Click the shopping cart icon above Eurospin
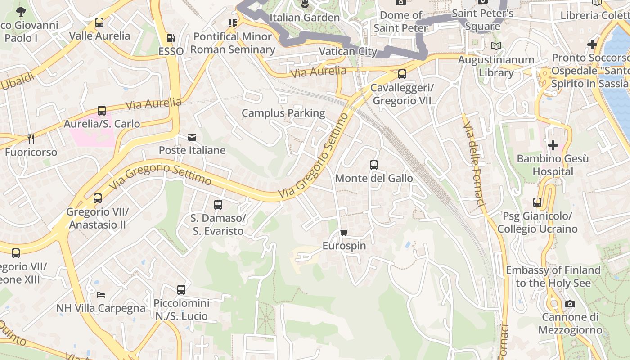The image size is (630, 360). [x=344, y=233]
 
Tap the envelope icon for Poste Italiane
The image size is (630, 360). [x=192, y=137]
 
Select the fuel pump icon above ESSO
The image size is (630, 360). [x=171, y=38]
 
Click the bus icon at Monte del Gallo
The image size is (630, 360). [x=374, y=165]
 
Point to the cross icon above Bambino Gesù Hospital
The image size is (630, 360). [x=553, y=145]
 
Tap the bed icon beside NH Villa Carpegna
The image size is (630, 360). [x=101, y=295]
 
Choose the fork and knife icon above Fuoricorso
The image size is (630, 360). [x=31, y=139]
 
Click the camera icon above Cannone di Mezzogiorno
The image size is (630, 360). [x=570, y=304]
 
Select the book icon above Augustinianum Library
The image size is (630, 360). [x=496, y=46]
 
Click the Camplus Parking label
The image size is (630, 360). [x=283, y=113]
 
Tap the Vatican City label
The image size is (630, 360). [x=348, y=51]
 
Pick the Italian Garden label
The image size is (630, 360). [x=304, y=18]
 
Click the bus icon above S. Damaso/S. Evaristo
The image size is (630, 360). [x=218, y=205]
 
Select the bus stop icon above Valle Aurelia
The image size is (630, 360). [x=99, y=22]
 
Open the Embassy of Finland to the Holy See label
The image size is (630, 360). [x=553, y=276]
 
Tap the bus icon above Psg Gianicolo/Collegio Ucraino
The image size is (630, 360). [x=537, y=202]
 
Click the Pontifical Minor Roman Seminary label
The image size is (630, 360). [x=232, y=43]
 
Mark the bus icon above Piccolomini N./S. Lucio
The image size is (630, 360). [x=181, y=290]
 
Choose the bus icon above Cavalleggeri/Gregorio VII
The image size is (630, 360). [x=402, y=74]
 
